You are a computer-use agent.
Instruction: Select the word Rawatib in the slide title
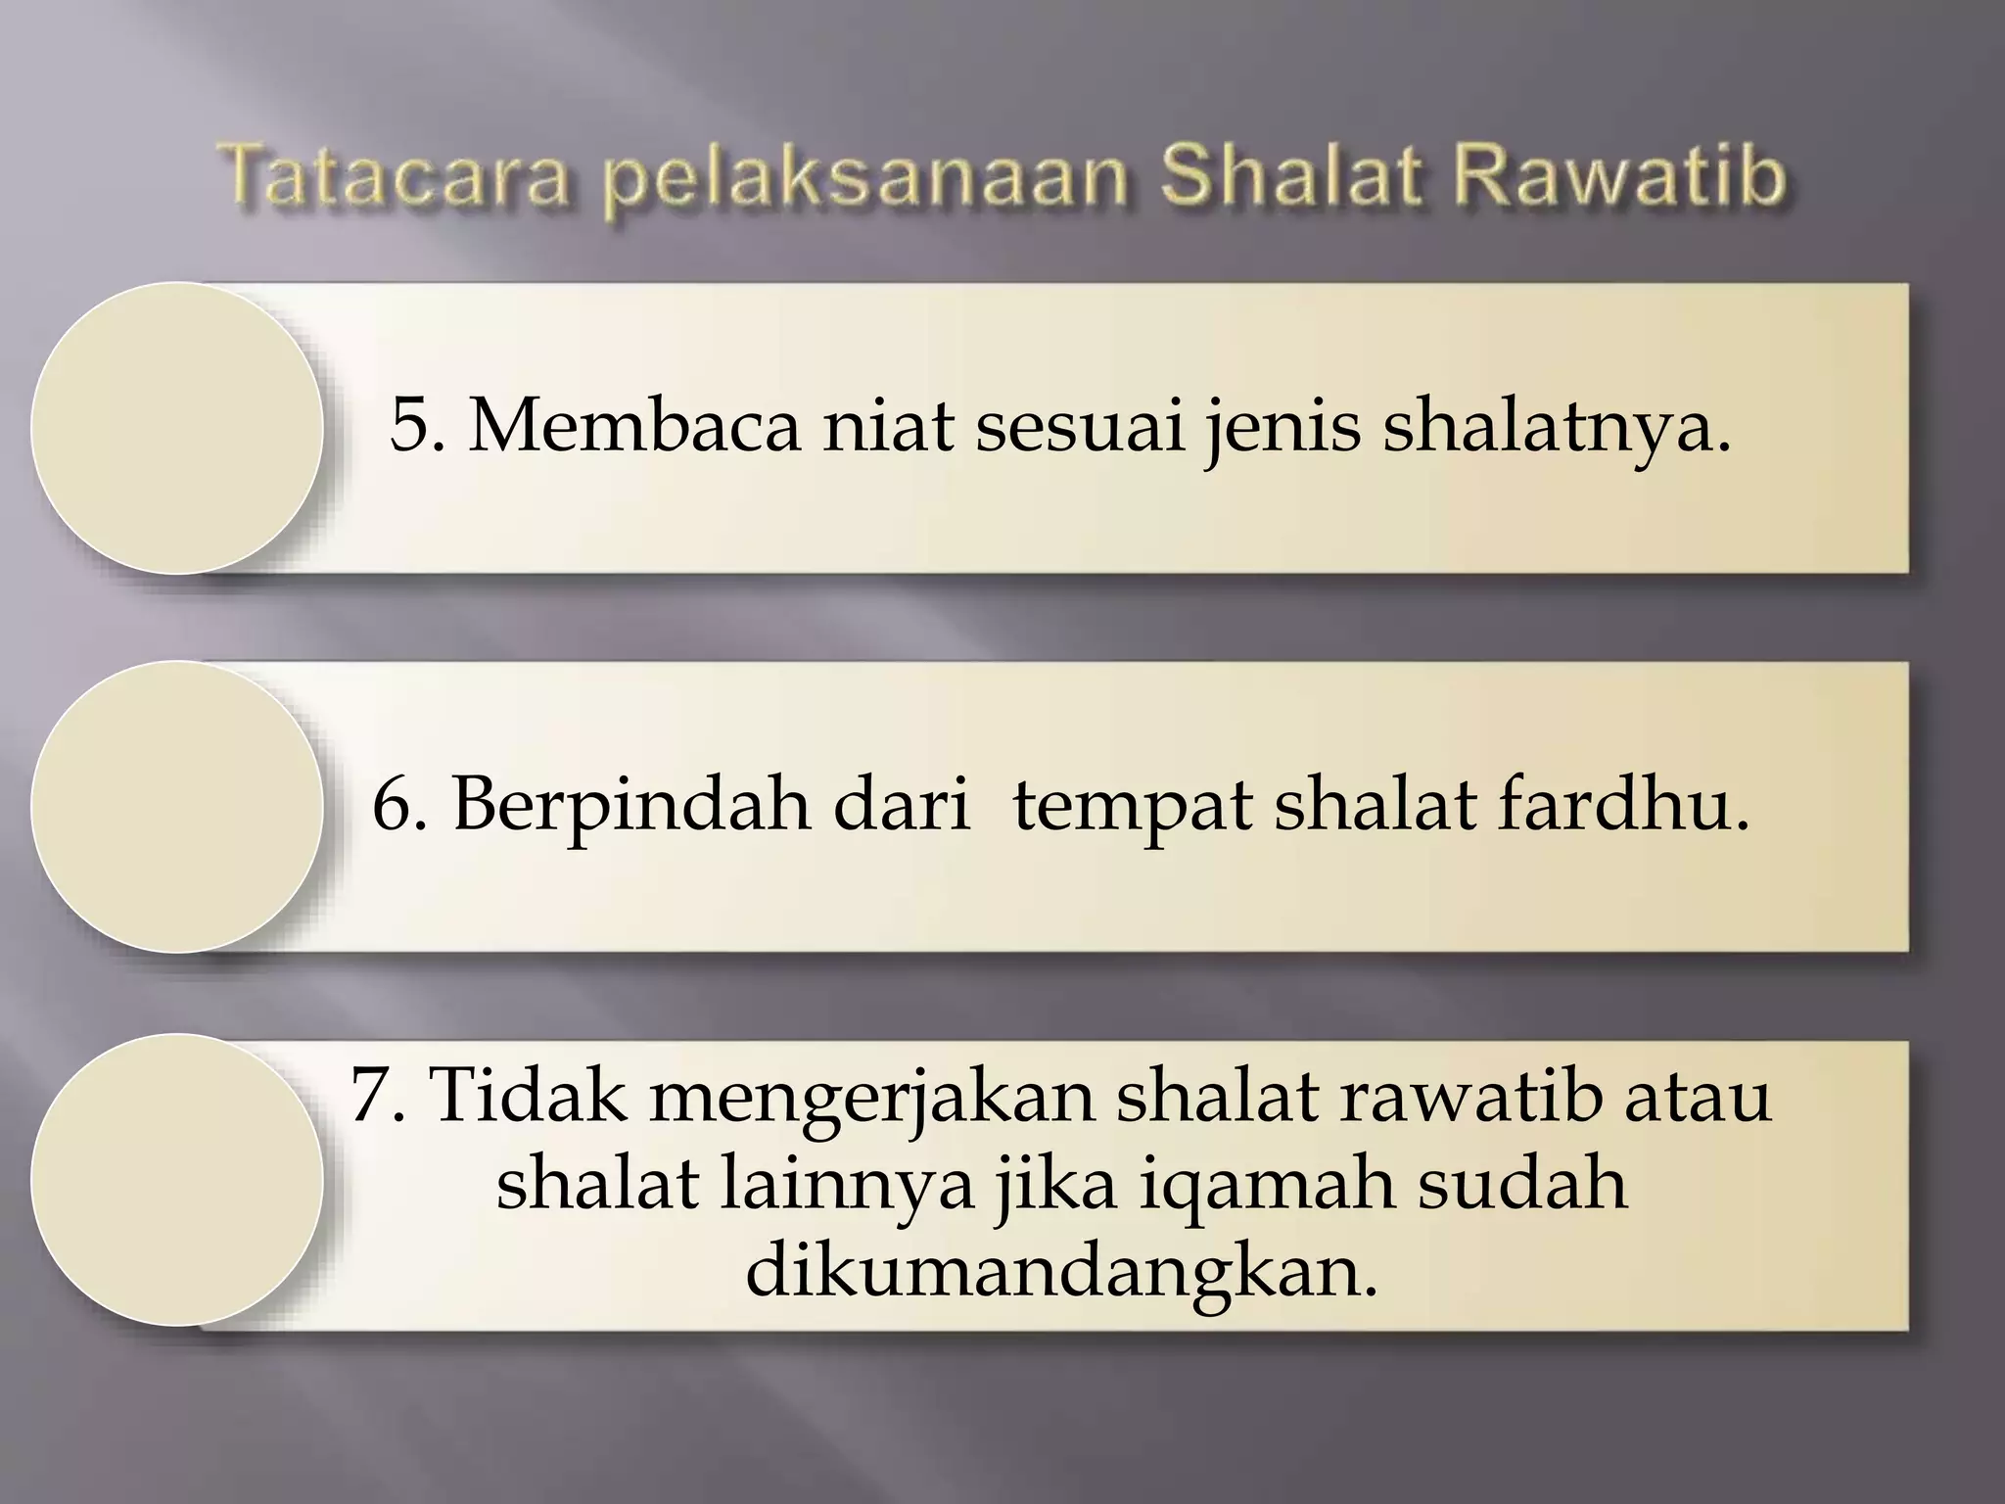pos(1618,177)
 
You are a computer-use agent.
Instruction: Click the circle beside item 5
pos(177,428)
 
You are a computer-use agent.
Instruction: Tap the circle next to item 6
pos(177,807)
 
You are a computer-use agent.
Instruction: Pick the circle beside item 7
pos(177,1180)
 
